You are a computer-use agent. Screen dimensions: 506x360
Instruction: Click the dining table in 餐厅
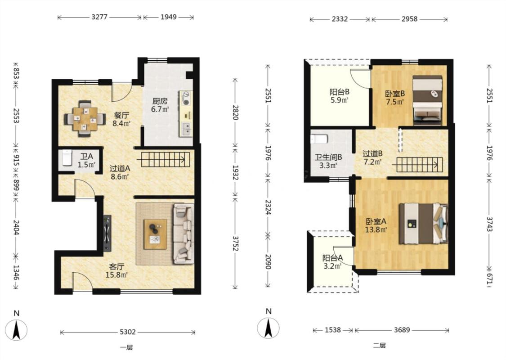[85, 119]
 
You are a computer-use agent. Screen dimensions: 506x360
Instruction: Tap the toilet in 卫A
[67, 157]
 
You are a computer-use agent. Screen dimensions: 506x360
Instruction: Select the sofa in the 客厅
[184, 233]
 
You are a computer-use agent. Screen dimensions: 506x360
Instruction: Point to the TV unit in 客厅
[107, 233]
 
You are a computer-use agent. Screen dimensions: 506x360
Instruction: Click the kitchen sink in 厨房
[186, 129]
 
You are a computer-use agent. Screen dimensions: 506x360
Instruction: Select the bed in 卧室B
[427, 100]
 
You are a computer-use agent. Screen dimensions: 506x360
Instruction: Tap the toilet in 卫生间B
[319, 139]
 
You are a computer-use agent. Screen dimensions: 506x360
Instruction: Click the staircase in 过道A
[163, 159]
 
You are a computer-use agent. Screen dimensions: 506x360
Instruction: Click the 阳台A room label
[332, 258]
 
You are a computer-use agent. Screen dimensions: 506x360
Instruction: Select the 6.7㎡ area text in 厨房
[160, 109]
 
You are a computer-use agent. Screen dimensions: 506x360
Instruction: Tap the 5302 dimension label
[127, 332]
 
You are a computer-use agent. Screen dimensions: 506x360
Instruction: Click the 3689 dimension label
[402, 330]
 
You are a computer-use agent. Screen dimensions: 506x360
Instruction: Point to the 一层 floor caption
[126, 348]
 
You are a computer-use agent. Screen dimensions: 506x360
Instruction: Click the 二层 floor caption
[379, 346]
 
